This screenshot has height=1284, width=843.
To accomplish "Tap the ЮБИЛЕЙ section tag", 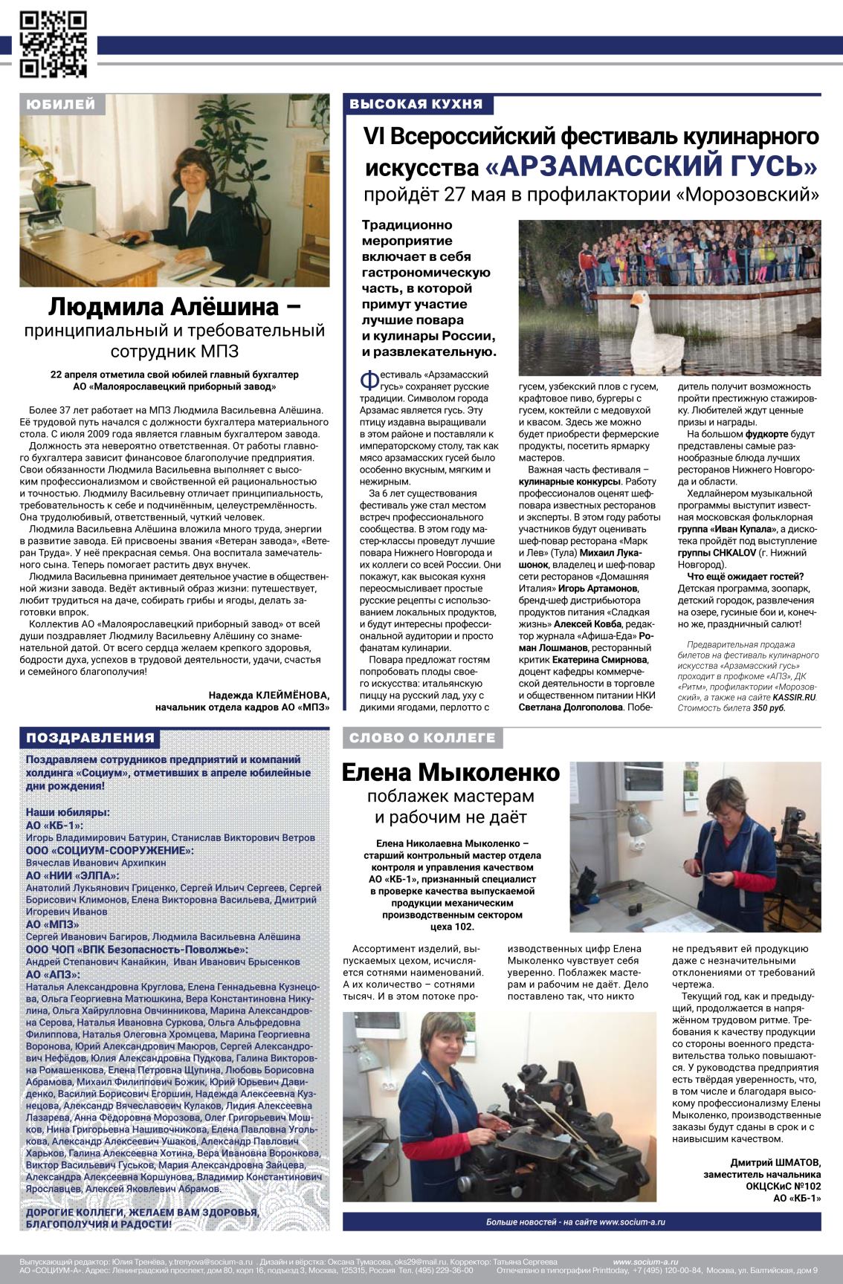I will [x=60, y=104].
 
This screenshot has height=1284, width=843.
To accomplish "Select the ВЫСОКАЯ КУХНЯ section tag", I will [x=416, y=104].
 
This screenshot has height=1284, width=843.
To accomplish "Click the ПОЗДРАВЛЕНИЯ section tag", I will [x=91, y=738].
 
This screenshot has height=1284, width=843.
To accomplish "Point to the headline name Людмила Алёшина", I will [x=175, y=305].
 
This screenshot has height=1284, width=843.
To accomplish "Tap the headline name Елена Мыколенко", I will [x=450, y=773].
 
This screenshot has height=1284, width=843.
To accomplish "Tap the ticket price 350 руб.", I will [x=768, y=708].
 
